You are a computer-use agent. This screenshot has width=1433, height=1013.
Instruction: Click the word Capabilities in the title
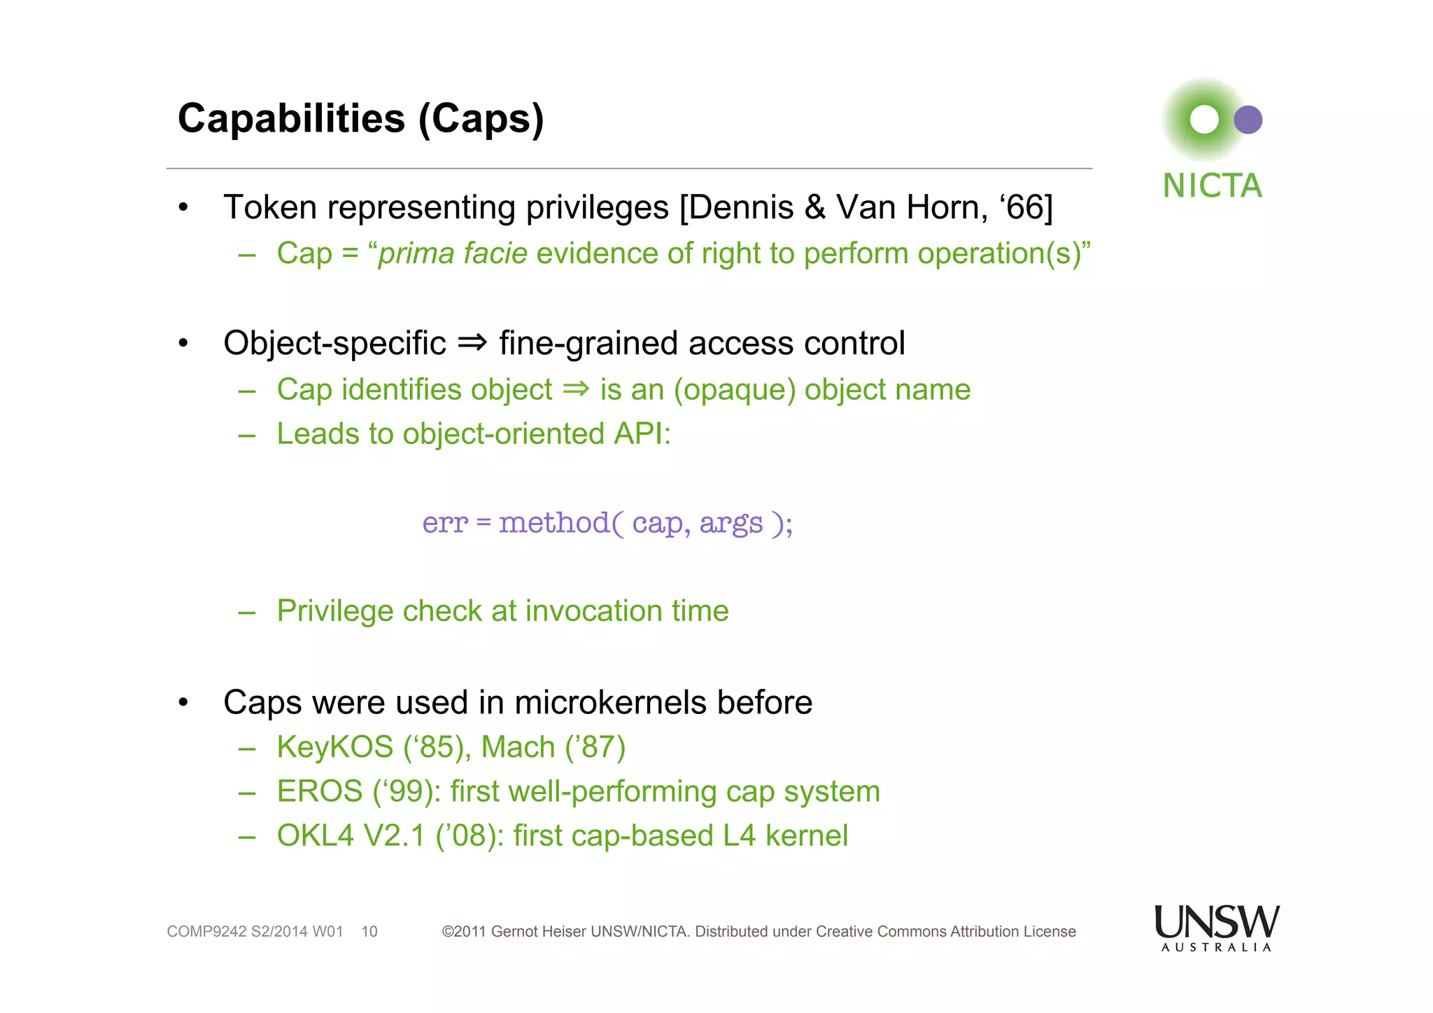click(x=291, y=118)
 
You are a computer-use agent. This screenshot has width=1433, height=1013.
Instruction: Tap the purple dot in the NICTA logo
click(x=1248, y=120)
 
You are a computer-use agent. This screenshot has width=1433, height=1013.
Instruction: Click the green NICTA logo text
click(x=1212, y=186)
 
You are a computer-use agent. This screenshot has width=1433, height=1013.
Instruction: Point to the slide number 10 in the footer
click(x=369, y=932)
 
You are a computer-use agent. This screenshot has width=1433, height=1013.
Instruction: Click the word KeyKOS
click(x=335, y=747)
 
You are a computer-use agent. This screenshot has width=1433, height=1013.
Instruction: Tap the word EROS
click(x=320, y=792)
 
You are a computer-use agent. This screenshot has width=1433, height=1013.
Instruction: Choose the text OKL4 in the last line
click(x=316, y=836)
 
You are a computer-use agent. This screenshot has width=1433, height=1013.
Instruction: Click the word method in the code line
click(x=554, y=523)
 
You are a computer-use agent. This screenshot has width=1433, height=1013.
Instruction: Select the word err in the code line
click(x=444, y=523)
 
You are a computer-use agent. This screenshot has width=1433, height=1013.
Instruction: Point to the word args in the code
click(x=730, y=523)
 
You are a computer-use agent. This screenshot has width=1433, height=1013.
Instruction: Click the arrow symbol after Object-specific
click(x=472, y=343)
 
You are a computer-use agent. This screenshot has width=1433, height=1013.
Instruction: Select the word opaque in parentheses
click(x=735, y=390)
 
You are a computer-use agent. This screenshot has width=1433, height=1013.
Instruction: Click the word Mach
click(x=518, y=747)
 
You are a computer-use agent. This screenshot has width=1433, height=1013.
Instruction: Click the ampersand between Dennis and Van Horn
click(x=814, y=208)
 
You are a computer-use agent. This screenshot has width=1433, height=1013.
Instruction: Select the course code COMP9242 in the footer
click(x=206, y=932)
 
